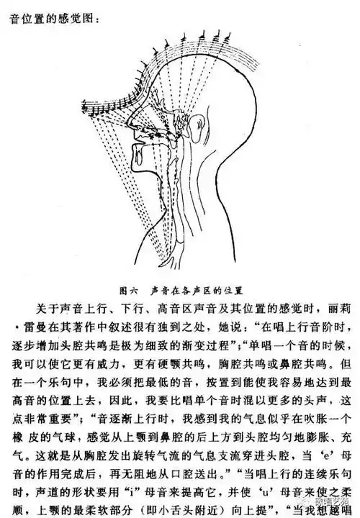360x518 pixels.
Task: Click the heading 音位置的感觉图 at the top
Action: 54,11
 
